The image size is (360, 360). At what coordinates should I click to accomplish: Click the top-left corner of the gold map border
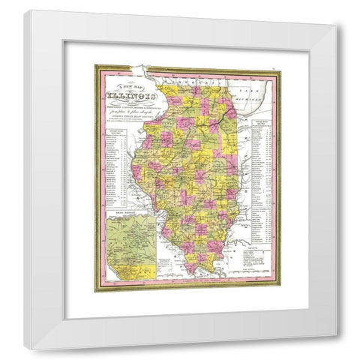click(96, 67)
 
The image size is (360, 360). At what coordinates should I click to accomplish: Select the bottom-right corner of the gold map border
click(280, 290)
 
